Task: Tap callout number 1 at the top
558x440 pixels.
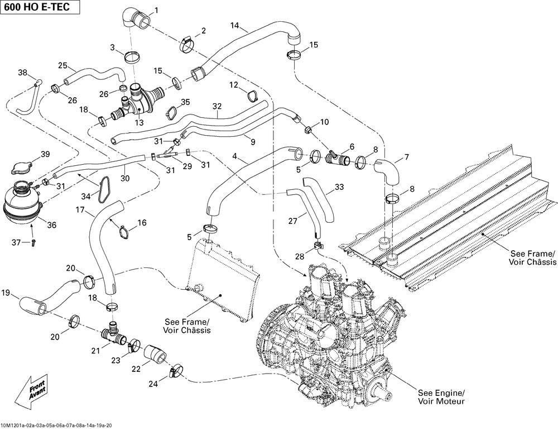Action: click(x=156, y=10)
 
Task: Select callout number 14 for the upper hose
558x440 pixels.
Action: click(x=234, y=26)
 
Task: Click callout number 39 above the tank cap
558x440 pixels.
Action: click(x=45, y=154)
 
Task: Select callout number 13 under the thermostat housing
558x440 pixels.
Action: click(x=139, y=123)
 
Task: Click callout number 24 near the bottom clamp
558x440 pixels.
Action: click(x=153, y=384)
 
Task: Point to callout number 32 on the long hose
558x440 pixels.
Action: click(x=217, y=106)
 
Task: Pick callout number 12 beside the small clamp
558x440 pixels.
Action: click(x=233, y=84)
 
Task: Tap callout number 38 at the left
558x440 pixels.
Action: click(x=22, y=73)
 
